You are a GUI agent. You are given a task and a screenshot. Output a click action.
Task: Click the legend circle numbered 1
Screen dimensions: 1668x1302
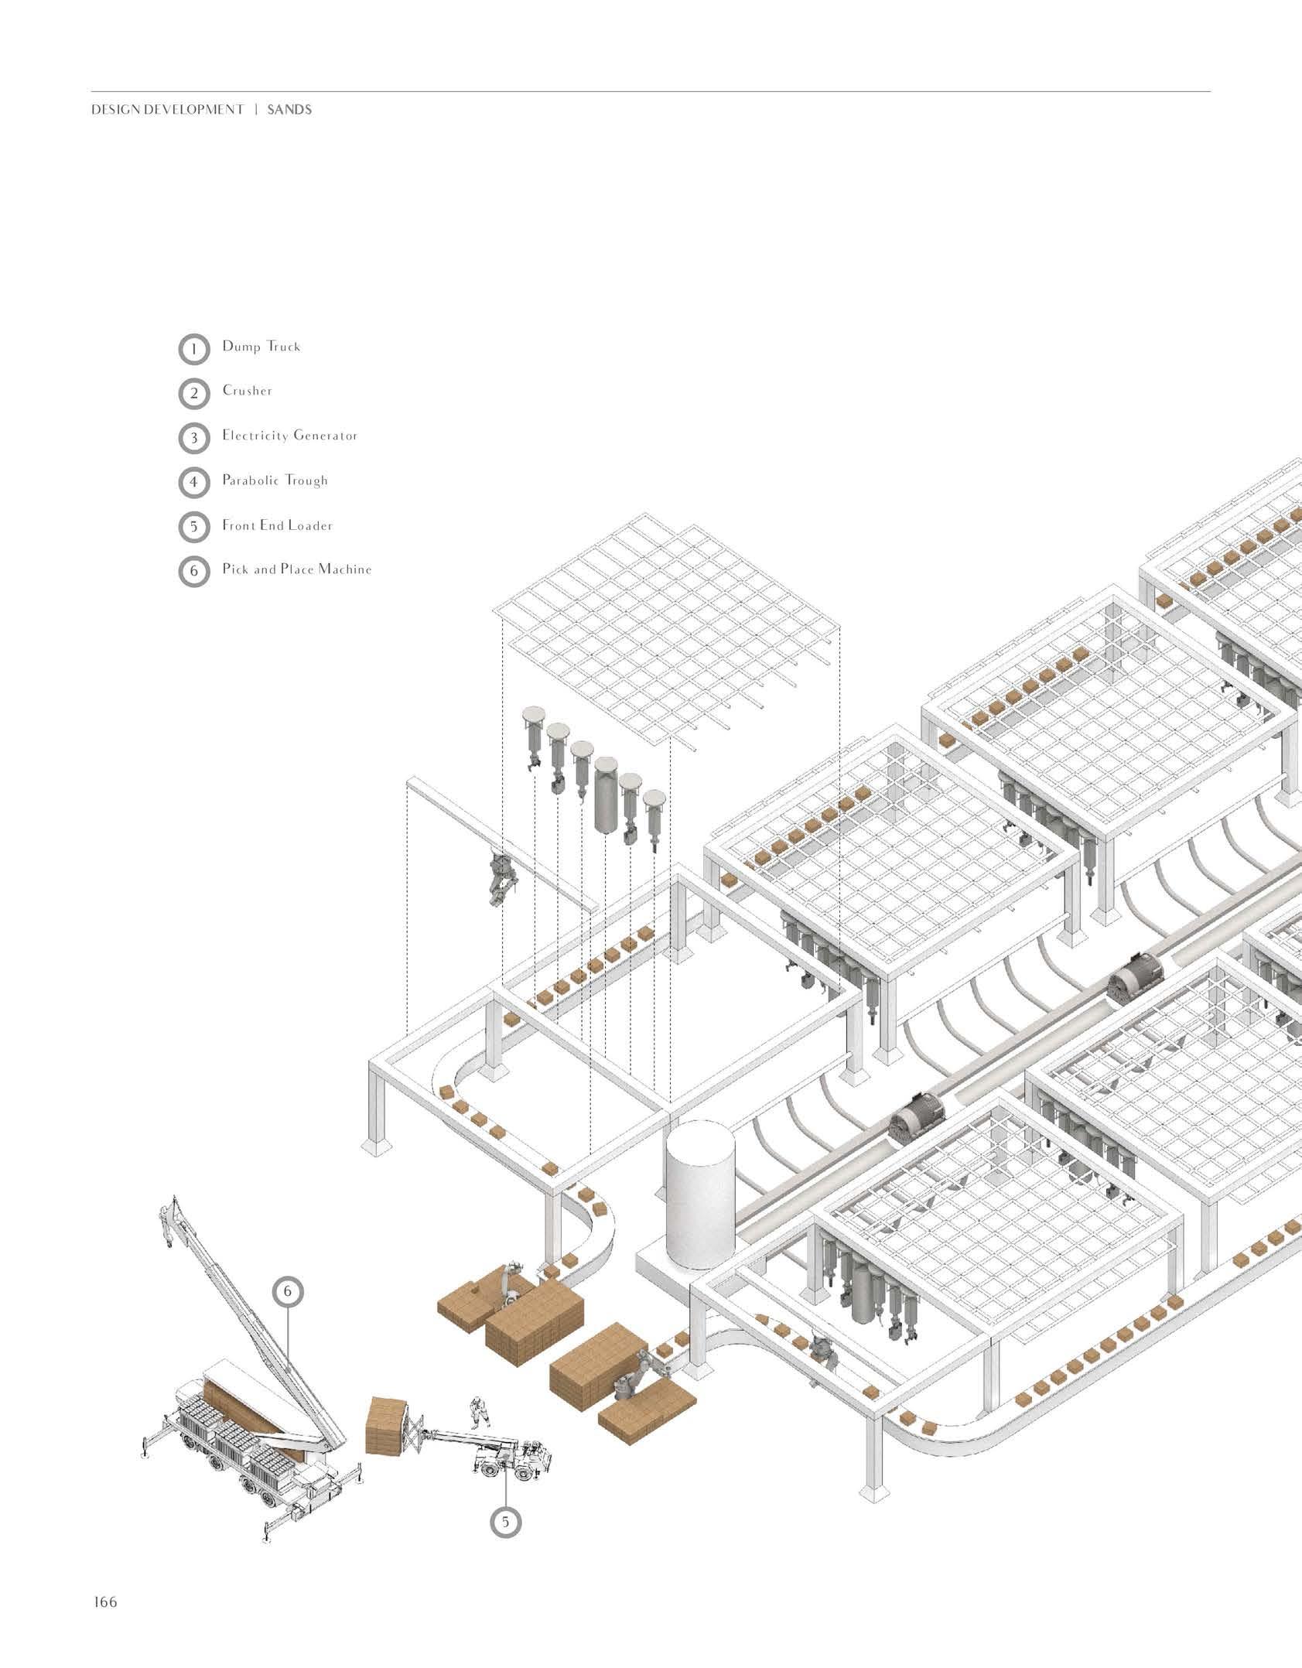click(193, 349)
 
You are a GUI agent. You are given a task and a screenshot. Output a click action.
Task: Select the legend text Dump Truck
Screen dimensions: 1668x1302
click(261, 347)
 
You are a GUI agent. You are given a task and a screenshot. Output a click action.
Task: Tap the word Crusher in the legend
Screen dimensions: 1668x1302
click(248, 391)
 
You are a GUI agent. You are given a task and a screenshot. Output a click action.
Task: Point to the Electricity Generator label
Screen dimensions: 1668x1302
click(290, 436)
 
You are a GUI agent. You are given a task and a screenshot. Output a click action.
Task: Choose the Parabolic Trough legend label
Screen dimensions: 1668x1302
click(275, 480)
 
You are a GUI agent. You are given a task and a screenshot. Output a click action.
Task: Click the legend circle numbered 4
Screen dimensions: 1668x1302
click(193, 484)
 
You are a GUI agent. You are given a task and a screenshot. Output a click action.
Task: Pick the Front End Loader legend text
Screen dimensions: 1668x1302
click(278, 525)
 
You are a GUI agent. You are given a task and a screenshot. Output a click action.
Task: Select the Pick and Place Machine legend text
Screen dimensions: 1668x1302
click(297, 569)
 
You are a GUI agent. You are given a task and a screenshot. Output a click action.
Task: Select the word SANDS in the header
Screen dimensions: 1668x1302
click(289, 110)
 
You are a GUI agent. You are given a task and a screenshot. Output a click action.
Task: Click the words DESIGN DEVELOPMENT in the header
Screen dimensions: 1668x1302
click(168, 110)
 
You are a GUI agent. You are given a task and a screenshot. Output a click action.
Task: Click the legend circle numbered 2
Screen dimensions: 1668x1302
click(193, 394)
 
